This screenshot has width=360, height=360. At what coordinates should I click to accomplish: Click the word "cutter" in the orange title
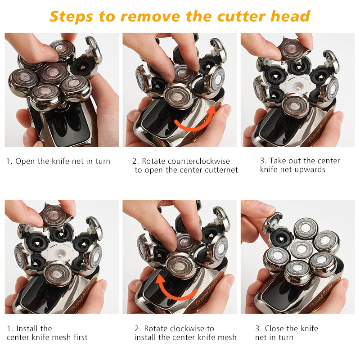[241, 16]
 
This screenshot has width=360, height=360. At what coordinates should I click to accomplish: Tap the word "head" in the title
[290, 16]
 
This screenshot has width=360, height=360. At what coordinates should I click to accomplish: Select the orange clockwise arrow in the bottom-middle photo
[175, 287]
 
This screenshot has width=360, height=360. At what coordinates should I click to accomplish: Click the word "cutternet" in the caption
[218, 170]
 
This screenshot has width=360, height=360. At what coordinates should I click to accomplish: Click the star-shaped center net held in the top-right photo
[292, 50]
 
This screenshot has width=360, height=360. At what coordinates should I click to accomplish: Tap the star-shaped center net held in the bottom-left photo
[54, 216]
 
